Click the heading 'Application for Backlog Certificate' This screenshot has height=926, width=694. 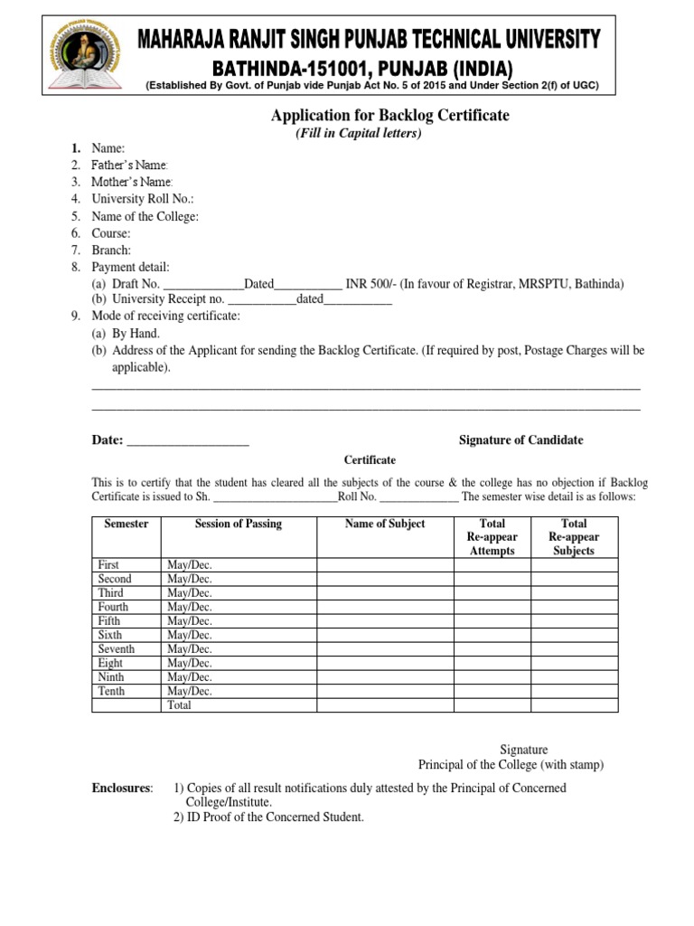pyautogui.click(x=390, y=116)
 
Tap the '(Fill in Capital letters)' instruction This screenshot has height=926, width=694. pyautogui.click(x=359, y=134)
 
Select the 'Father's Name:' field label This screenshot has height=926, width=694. pyautogui.click(x=130, y=165)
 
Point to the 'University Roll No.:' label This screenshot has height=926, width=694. pyautogui.click(x=143, y=199)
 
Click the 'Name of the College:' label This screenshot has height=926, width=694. pyautogui.click(x=145, y=216)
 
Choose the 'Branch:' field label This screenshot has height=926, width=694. pyautogui.click(x=111, y=250)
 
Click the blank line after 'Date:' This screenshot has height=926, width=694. pyautogui.click(x=188, y=442)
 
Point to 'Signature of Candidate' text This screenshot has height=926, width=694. pyautogui.click(x=520, y=440)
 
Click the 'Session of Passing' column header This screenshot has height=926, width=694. pyautogui.click(x=238, y=524)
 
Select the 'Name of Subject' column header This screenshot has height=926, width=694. pyautogui.click(x=384, y=524)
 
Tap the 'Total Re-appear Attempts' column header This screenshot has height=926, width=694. pyautogui.click(x=492, y=537)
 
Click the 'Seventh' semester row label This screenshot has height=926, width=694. pyautogui.click(x=117, y=649)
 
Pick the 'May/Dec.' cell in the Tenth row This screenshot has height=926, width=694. pyautogui.click(x=190, y=692)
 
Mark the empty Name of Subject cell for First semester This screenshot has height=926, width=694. pyautogui.click(x=384, y=565)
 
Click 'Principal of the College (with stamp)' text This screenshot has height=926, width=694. pyautogui.click(x=511, y=765)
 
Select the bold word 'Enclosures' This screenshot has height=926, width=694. pyautogui.click(x=123, y=789)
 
